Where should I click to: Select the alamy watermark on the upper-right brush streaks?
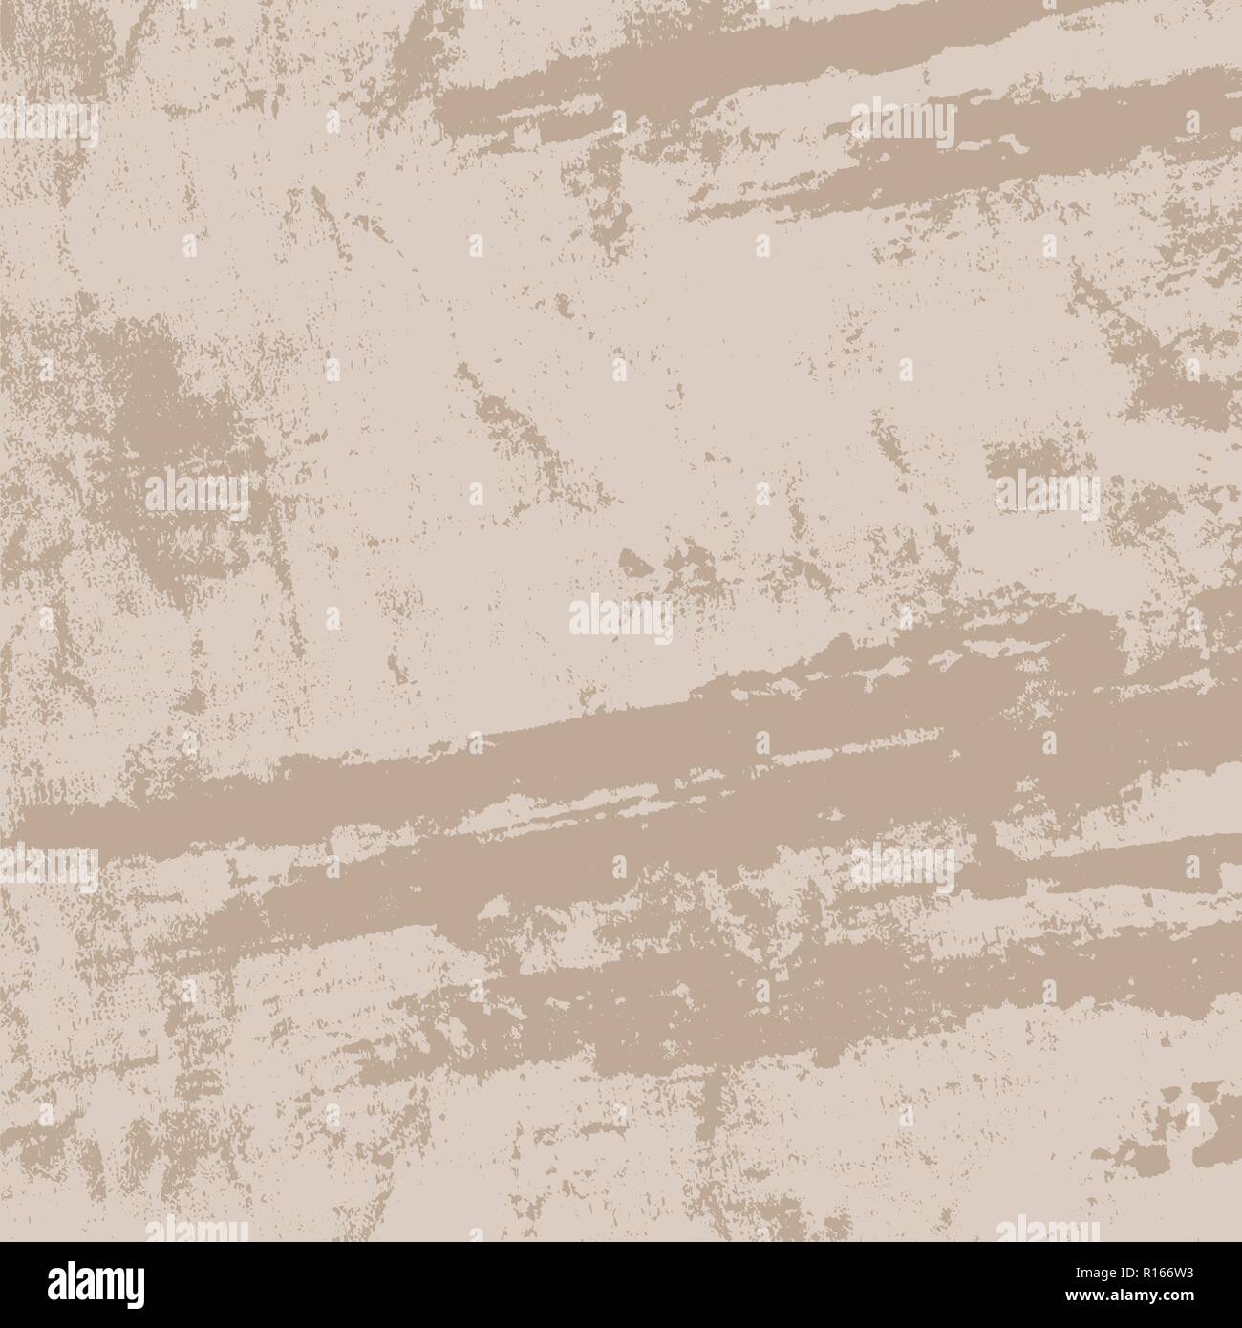903,124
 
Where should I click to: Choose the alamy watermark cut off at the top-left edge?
48,124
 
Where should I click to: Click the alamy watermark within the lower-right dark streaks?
903,865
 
